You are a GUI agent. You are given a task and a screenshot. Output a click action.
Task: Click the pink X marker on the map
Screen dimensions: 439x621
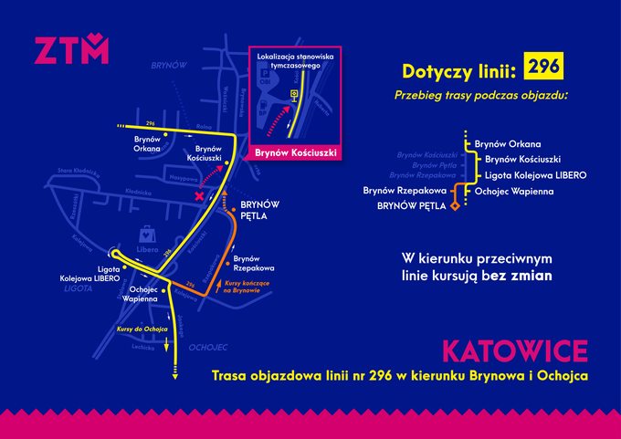[x=199, y=196]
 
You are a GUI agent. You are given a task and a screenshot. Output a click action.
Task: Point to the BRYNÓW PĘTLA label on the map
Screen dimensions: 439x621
[x=259, y=212]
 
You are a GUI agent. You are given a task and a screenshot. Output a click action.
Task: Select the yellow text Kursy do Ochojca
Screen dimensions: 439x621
[x=140, y=328]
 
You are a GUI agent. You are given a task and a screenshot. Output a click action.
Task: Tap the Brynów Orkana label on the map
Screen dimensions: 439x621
[x=147, y=144]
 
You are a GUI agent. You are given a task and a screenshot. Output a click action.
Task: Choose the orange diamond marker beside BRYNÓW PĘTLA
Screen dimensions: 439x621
[x=453, y=207]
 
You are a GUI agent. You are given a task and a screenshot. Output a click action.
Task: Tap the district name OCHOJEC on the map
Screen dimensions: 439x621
[x=207, y=348]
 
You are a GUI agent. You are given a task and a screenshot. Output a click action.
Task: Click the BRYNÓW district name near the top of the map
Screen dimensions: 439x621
[x=169, y=66]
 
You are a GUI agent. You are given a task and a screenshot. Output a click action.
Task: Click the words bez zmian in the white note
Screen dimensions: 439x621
[x=527, y=274]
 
